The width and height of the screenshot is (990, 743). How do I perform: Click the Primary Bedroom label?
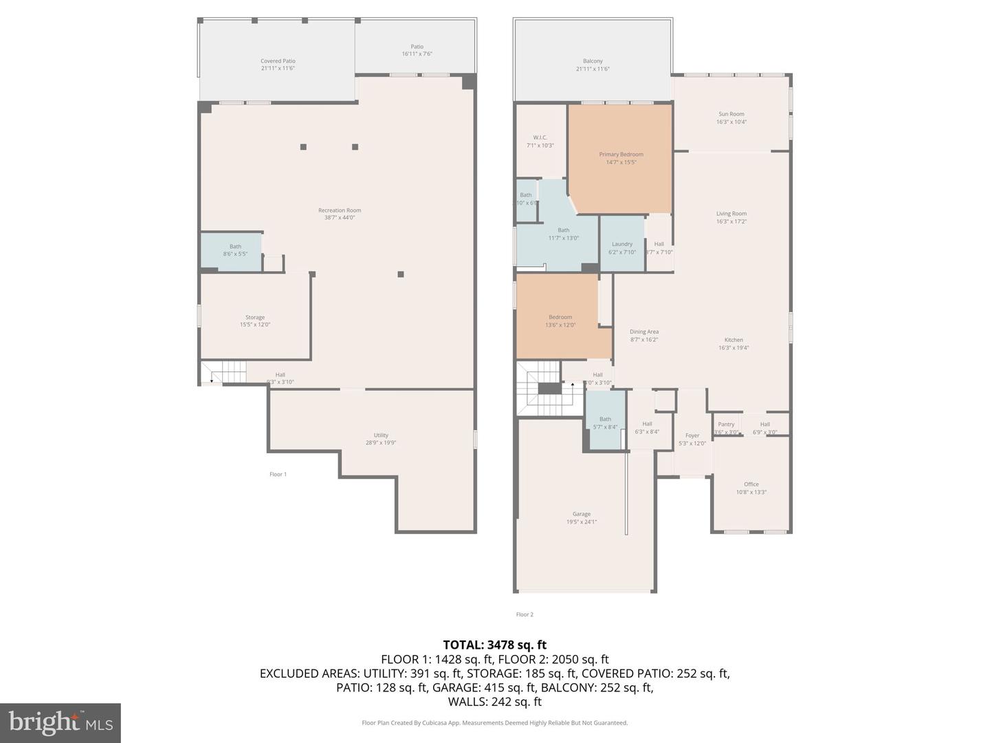[x=621, y=155]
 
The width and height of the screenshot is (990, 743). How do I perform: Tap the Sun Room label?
[x=731, y=114]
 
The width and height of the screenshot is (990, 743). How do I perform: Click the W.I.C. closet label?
[x=540, y=138]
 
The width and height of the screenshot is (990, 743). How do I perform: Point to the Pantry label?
[x=726, y=424]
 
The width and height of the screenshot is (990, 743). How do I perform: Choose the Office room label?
[x=751, y=484]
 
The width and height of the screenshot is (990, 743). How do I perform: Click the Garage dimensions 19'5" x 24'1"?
[x=581, y=522]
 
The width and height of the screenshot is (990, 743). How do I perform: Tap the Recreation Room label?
[x=339, y=211]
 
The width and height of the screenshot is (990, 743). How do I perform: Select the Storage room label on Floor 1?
[x=254, y=318]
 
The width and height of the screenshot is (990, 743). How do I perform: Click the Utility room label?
[x=381, y=435]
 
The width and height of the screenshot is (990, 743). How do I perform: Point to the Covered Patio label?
[x=278, y=61]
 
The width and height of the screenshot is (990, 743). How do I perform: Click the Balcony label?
[x=593, y=61]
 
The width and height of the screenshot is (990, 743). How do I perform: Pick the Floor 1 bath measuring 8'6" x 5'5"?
[x=235, y=250]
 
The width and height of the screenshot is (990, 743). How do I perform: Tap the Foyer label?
[x=692, y=435]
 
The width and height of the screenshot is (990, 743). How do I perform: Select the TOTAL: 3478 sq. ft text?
[x=494, y=645]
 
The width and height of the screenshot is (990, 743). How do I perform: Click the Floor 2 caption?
[x=525, y=614]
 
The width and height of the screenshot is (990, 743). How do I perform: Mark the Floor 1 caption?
[x=278, y=474]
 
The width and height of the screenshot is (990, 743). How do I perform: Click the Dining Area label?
[x=643, y=332]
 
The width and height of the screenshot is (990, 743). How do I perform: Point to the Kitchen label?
[x=733, y=340]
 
